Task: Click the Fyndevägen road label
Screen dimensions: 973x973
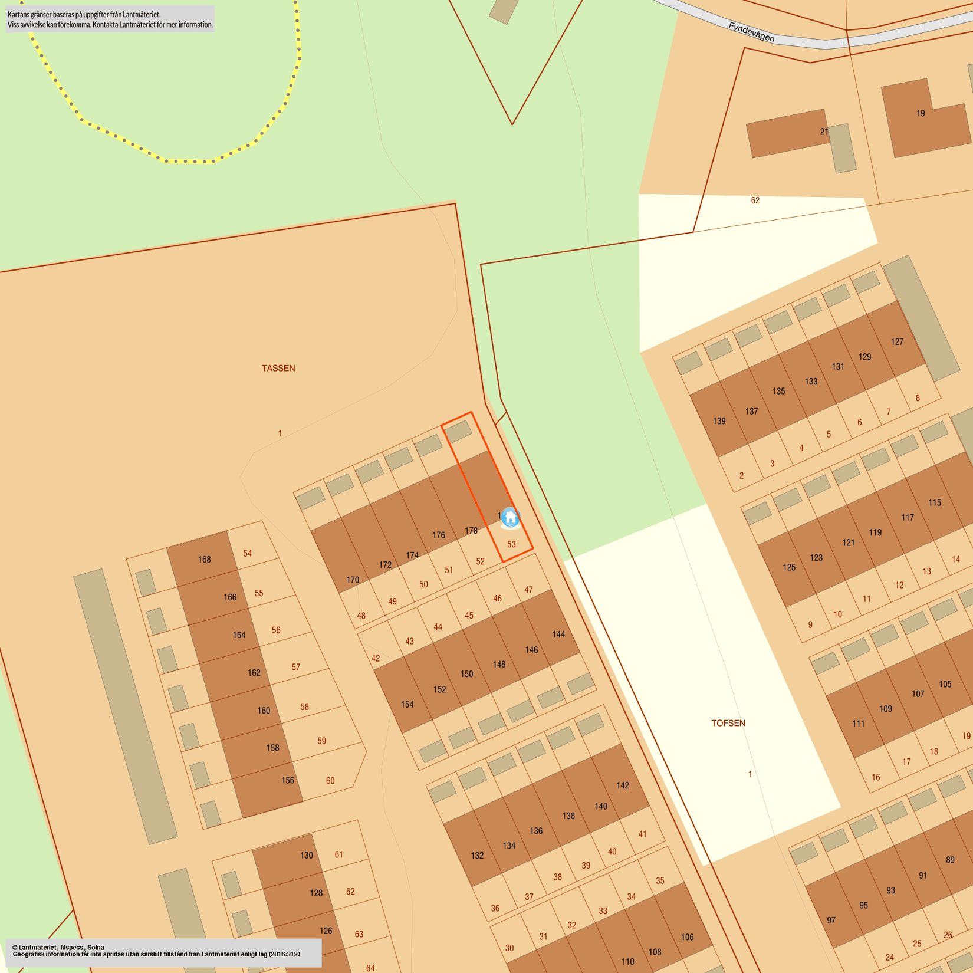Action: [x=751, y=32]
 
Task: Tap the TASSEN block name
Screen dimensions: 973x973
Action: [x=278, y=368]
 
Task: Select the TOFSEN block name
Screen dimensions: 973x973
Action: [x=728, y=723]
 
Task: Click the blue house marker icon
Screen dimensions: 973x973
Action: [x=511, y=518]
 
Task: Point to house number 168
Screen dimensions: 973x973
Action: [x=204, y=559]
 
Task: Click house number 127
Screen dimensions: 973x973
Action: [x=897, y=341]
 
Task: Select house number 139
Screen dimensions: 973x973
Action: [x=719, y=421]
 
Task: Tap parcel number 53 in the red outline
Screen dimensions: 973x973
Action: [x=511, y=544]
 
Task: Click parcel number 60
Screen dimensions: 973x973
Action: [x=330, y=781]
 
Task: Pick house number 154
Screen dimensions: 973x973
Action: [x=407, y=704]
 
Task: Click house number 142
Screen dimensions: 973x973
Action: [x=623, y=785]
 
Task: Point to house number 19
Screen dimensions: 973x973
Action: [x=921, y=113]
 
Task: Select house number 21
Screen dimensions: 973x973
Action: [x=824, y=132]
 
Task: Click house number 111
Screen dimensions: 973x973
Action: [x=858, y=723]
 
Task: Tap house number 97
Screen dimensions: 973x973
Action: [x=831, y=920]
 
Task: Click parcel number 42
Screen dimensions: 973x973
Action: [x=376, y=658]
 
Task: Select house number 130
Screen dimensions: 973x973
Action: [x=306, y=855]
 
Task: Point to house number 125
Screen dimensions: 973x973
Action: [x=789, y=567]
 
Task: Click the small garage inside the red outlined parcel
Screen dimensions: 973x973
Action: [x=458, y=432]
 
